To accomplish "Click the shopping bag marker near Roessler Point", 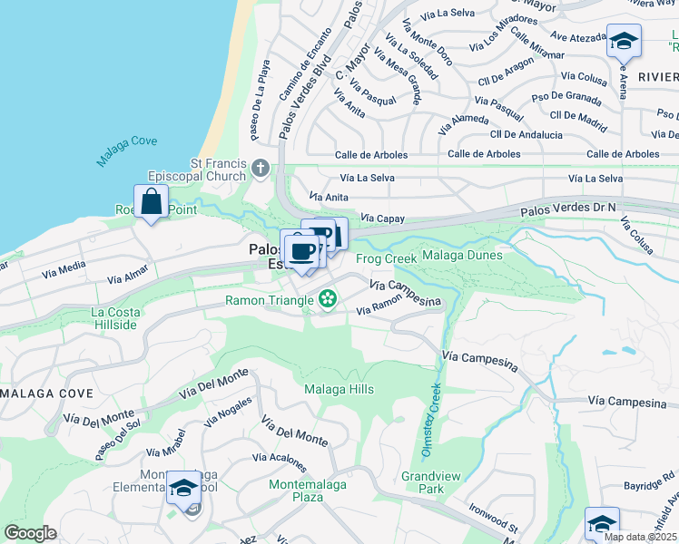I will point(152,202).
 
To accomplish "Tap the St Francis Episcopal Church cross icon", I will point(261,168).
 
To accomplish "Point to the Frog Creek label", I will point(386,258).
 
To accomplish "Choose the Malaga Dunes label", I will point(462,256).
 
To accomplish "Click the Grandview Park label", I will point(423,481).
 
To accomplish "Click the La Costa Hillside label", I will point(115,318).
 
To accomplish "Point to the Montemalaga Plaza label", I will point(308,491).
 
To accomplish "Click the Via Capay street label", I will point(381,219).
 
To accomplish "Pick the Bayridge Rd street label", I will point(644,484).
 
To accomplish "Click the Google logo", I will point(30,532).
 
